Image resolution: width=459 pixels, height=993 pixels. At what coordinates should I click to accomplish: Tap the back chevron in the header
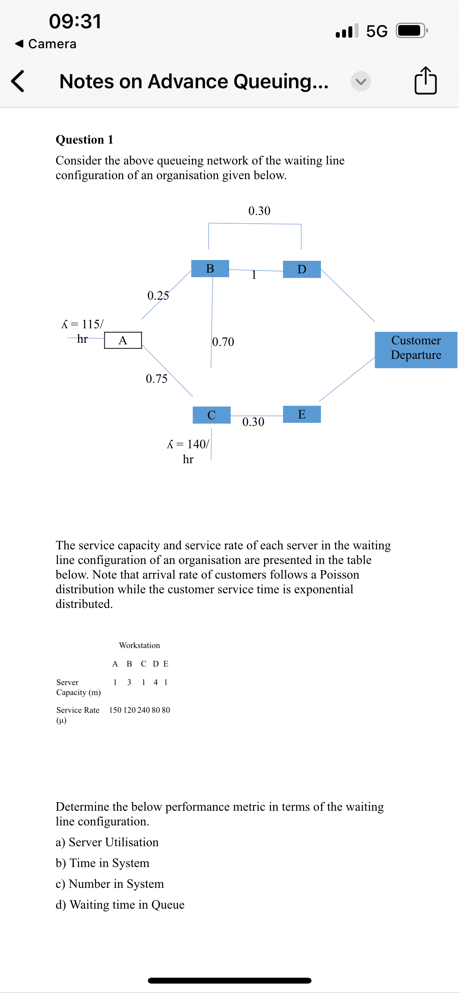(18, 81)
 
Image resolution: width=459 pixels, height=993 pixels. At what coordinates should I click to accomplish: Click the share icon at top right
(425, 81)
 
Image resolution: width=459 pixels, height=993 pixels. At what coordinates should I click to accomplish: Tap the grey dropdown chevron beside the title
(361, 81)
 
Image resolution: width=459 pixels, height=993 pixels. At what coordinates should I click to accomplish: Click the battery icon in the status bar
(411, 31)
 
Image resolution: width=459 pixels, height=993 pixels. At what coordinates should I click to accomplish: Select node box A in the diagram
(123, 340)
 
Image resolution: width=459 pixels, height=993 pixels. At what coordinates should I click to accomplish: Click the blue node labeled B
(210, 269)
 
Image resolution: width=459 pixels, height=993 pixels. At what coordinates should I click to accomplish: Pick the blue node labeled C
(211, 415)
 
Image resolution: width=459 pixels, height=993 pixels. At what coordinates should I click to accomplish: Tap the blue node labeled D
(302, 269)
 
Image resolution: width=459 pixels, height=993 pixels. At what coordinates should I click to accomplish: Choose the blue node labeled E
(302, 414)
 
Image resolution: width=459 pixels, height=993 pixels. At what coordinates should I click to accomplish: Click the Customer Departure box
(416, 348)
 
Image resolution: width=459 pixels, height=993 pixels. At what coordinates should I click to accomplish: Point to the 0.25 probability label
(158, 295)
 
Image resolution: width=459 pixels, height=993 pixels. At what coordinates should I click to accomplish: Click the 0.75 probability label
(157, 378)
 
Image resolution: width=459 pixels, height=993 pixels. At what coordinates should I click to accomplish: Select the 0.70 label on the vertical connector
(223, 342)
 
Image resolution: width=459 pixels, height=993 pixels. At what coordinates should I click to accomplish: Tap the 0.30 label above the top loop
(259, 211)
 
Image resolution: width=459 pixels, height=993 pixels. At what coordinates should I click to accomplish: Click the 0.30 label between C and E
(253, 422)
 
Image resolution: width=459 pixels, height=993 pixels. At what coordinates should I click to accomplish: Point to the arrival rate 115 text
(83, 324)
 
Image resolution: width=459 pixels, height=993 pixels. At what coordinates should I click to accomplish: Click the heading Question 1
(84, 140)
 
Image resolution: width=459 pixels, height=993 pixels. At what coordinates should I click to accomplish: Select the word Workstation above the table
(139, 645)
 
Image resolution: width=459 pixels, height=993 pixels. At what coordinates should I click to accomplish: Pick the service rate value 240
(144, 710)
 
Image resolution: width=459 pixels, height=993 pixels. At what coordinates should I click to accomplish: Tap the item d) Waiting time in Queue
(120, 904)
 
